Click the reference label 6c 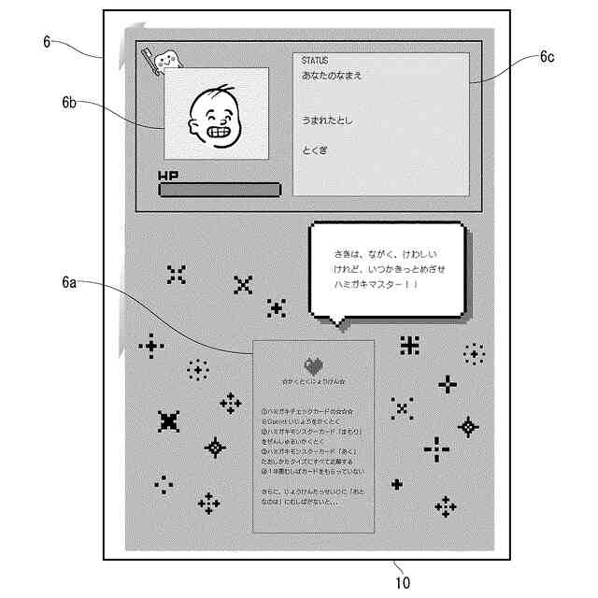click(548, 56)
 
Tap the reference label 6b click(69, 100)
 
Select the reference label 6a click(69, 281)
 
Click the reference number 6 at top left click(47, 41)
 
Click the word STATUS click(316, 61)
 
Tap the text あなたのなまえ click(332, 76)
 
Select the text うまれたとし click(327, 121)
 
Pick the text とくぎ click(314, 150)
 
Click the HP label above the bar click(168, 175)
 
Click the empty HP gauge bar click(220, 191)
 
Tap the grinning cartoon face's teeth click(219, 131)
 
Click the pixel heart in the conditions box click(313, 365)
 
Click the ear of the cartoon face click(194, 120)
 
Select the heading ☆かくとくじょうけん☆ click(313, 382)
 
